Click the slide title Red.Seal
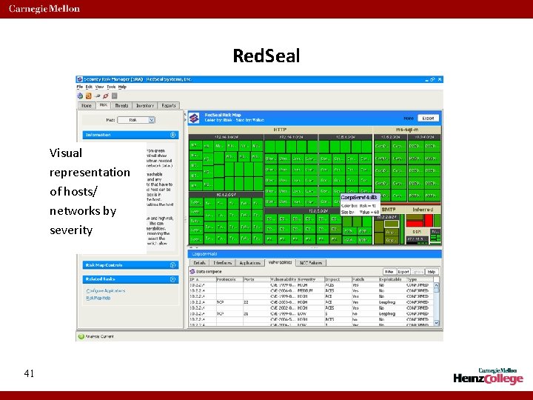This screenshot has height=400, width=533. [x=266, y=56]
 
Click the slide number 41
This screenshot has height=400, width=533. [x=29, y=374]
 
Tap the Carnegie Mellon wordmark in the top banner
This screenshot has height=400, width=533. [x=45, y=9]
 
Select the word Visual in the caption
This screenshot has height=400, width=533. [x=66, y=153]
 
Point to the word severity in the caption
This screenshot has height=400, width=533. [x=71, y=230]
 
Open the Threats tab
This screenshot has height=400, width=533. [x=121, y=106]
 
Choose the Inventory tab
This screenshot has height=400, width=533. [x=144, y=106]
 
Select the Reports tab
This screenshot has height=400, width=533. [x=169, y=106]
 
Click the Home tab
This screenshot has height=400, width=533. [x=87, y=106]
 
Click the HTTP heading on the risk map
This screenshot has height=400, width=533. [x=281, y=129]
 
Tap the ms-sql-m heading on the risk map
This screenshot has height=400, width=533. [x=406, y=129]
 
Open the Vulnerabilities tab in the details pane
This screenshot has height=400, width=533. [x=280, y=263]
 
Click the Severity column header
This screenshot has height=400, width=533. [x=306, y=279]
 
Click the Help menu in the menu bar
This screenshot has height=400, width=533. [x=122, y=87]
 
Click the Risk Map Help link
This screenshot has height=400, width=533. [x=98, y=298]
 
